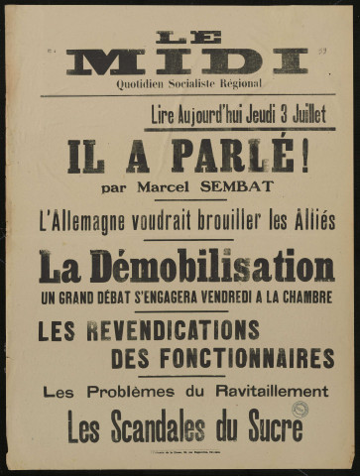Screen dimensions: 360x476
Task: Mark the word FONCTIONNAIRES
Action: point(223,358)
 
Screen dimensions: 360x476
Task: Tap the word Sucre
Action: point(269,426)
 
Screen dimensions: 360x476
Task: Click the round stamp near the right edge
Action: point(300,409)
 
